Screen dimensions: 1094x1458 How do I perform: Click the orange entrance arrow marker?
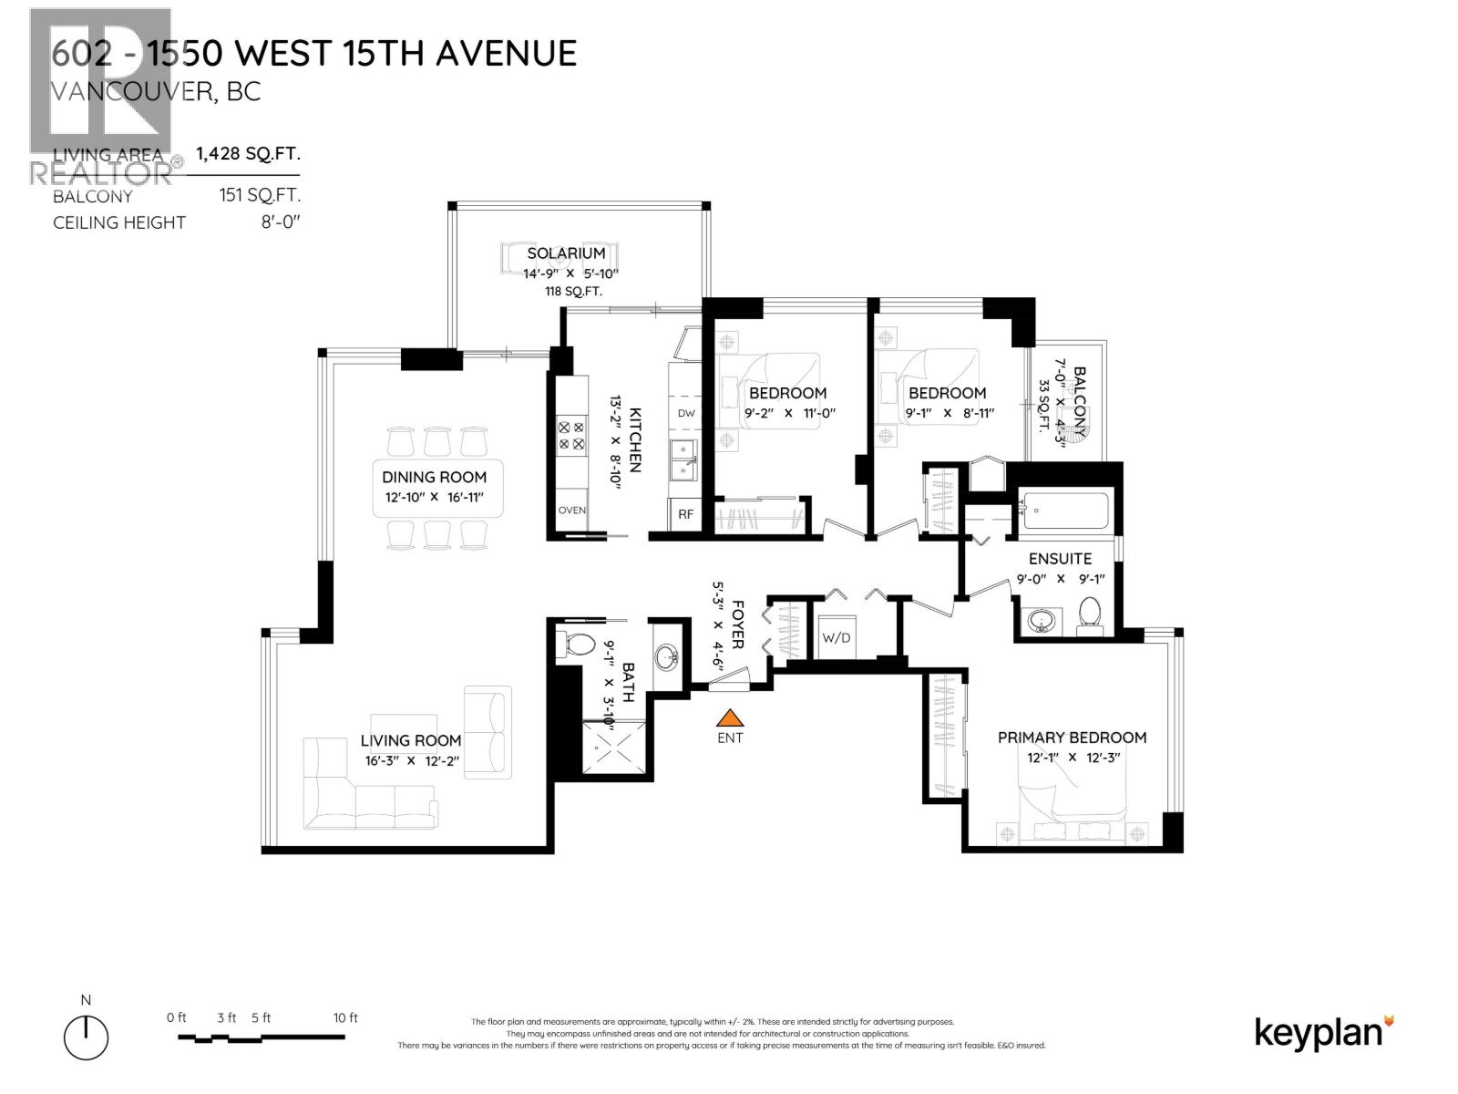click(x=730, y=718)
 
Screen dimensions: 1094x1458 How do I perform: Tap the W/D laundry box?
click(x=836, y=637)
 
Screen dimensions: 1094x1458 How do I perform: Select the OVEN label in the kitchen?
click(x=572, y=510)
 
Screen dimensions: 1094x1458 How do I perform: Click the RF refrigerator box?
click(x=686, y=514)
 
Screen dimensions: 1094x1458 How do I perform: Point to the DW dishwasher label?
click(x=686, y=413)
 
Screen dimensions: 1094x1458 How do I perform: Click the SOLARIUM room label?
click(x=566, y=253)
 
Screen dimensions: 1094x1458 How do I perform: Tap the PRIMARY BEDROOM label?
click(x=1072, y=738)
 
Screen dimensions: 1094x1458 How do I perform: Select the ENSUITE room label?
click(x=1060, y=559)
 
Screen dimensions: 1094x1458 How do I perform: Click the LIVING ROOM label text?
click(x=410, y=740)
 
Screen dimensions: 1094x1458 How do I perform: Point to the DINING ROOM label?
click(x=434, y=477)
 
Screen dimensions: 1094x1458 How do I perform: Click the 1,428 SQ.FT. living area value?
click(x=248, y=153)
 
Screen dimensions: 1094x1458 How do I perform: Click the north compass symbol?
click(x=86, y=1037)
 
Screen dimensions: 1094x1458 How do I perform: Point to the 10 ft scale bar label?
click(x=345, y=1017)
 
